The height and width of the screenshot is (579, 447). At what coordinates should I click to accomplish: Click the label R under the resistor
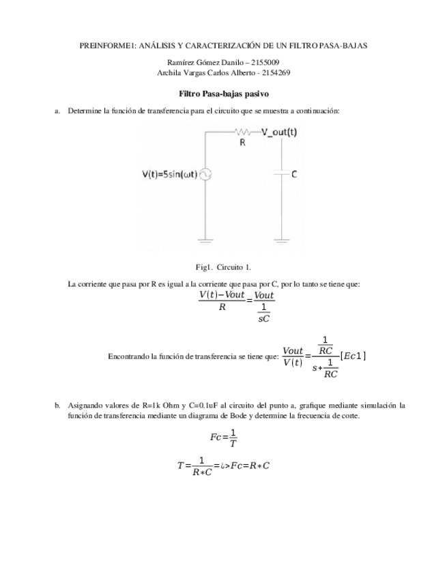coord(242,143)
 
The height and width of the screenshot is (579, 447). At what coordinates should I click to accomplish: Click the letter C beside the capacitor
coord(293,174)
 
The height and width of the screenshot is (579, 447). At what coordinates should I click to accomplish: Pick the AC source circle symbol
coord(205,175)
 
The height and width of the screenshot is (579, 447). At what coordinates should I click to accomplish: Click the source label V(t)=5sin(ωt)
coord(169,175)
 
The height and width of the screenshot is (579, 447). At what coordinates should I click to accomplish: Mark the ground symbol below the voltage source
coord(205,240)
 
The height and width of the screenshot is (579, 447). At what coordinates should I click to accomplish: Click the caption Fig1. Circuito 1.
coord(223,267)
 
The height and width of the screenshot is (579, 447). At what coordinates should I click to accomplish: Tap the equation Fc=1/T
coord(223,437)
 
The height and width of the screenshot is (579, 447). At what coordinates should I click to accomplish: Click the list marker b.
coord(57,405)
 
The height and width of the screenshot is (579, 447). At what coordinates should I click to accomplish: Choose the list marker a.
coord(57,110)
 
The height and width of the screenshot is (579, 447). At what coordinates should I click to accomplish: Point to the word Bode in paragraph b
coord(239,415)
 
